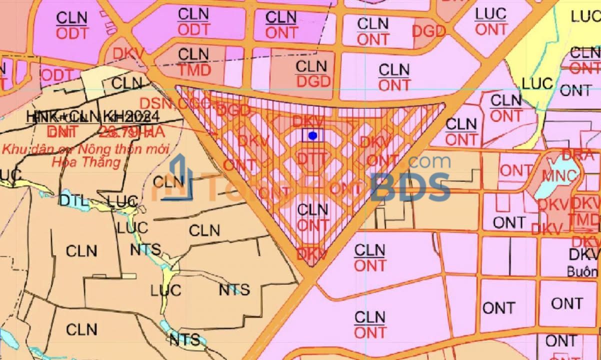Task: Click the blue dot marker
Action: tap(313, 135)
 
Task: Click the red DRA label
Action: tap(580, 154)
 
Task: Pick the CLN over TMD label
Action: tap(193, 62)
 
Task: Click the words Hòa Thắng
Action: tap(86, 162)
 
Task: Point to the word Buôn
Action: tap(582, 271)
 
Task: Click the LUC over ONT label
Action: tap(491, 21)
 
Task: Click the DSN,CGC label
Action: tap(178, 104)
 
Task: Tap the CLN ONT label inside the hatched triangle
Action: tap(313, 217)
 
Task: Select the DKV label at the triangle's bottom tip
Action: tap(311, 254)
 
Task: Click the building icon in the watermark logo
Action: tap(177, 178)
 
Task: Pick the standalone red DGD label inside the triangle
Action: tap(233, 110)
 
